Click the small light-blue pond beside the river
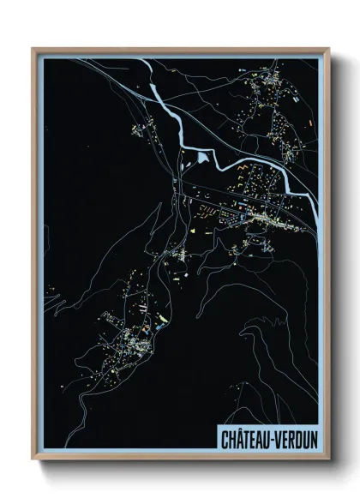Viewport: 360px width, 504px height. pyautogui.click(x=202, y=157)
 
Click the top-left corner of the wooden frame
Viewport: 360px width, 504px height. pyautogui.click(x=33, y=49)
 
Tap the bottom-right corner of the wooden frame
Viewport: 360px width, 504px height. pyautogui.click(x=329, y=460)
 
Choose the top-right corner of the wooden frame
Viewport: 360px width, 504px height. pyautogui.click(x=329, y=49)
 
